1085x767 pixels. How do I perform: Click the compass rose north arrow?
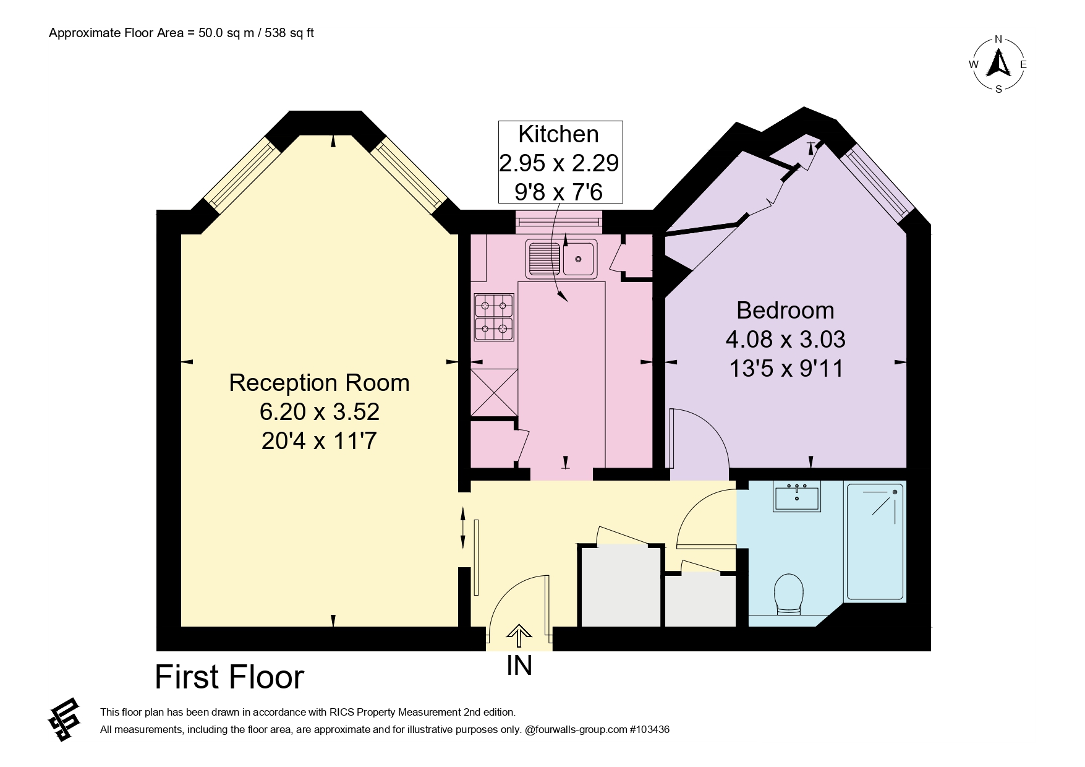tap(998, 62)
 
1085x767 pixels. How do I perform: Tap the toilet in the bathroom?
tap(789, 594)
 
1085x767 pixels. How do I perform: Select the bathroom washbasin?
tap(796, 496)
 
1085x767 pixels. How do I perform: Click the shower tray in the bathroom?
tap(875, 542)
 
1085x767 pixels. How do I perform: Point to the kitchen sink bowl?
tap(579, 258)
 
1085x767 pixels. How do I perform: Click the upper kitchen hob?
tap(494, 305)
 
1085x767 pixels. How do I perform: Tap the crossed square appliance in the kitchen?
tap(494, 392)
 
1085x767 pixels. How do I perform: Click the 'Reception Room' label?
tap(319, 383)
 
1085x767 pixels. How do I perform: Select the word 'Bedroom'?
tap(785, 310)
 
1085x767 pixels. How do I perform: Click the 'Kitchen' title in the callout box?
tap(558, 134)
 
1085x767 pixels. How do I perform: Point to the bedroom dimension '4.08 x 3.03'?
tap(785, 339)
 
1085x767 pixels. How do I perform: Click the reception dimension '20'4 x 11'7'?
tap(319, 441)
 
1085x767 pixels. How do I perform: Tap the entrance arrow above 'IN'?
tap(519, 635)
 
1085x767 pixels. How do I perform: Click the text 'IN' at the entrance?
tap(519, 666)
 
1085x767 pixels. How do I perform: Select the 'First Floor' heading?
tap(229, 677)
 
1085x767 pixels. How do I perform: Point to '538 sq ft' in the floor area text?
tap(289, 33)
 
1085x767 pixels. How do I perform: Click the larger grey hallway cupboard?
tap(621, 586)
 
